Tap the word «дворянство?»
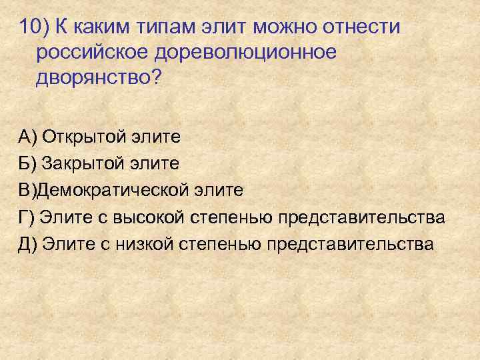click(x=99, y=77)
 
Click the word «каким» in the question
click(x=106, y=27)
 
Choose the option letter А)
click(x=28, y=137)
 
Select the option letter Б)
click(x=28, y=163)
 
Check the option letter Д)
click(x=28, y=243)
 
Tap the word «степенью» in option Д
click(x=219, y=243)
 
